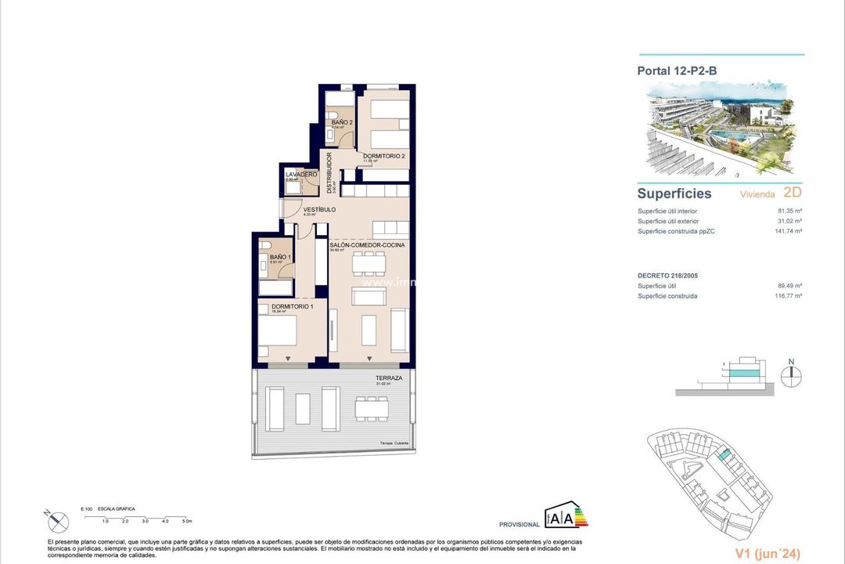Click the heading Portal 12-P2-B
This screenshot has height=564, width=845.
click(677, 70)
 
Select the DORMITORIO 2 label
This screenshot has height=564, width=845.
click(383, 157)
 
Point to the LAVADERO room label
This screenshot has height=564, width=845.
click(301, 174)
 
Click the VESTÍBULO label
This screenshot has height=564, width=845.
click(319, 210)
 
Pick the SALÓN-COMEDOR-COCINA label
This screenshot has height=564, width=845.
click(366, 245)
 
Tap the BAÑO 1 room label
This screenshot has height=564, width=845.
click(280, 258)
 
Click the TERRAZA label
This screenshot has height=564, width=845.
click(389, 378)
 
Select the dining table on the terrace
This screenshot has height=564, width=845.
click(372, 408)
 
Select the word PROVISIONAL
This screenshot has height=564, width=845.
click(520, 524)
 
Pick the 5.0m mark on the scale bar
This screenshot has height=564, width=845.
click(187, 520)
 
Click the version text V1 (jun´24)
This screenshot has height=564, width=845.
click(768, 554)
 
